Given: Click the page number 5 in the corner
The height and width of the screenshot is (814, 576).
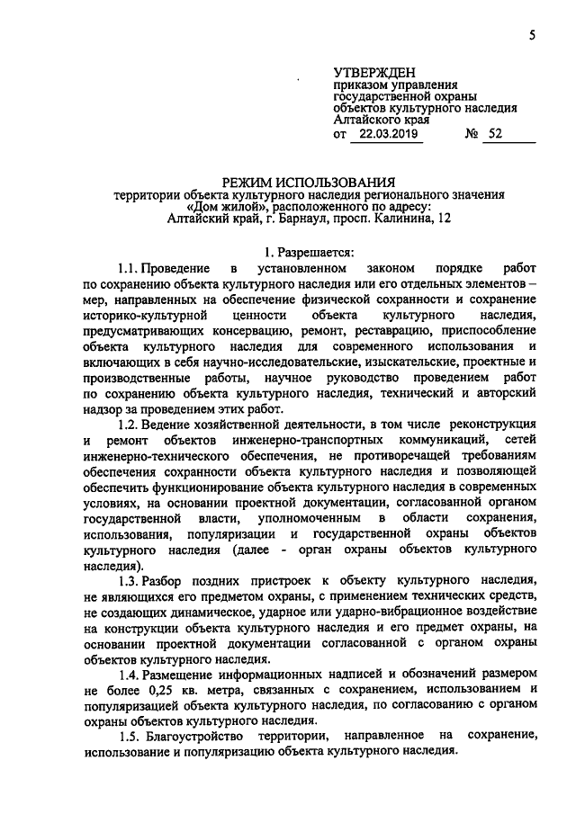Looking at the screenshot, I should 532,35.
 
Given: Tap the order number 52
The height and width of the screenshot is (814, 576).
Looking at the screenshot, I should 496,135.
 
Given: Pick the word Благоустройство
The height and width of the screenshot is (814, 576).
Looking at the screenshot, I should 201,735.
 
